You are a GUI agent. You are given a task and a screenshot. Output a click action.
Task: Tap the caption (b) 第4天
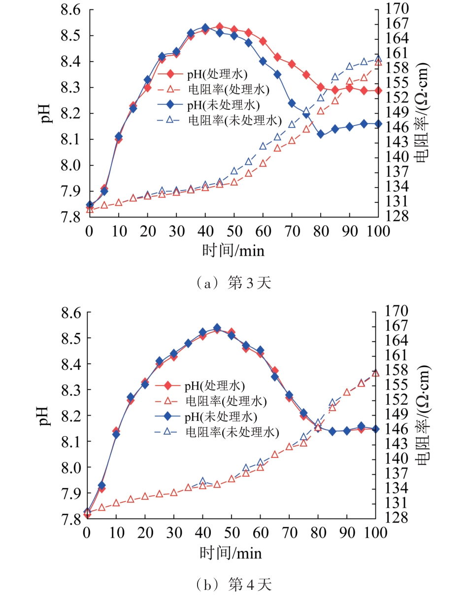[x=234, y=584]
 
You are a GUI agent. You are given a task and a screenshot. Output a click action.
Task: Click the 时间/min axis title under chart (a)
[x=233, y=251]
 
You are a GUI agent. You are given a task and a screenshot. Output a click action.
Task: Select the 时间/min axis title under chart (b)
[x=231, y=552]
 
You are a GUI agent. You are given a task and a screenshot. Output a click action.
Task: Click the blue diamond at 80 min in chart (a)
[x=321, y=134]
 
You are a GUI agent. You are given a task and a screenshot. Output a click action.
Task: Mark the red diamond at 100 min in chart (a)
[x=378, y=91]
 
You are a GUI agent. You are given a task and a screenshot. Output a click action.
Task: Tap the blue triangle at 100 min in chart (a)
[x=378, y=58]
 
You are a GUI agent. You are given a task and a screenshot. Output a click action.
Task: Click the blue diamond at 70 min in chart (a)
[x=292, y=103]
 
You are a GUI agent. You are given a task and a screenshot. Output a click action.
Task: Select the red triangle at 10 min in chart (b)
[x=116, y=503]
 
